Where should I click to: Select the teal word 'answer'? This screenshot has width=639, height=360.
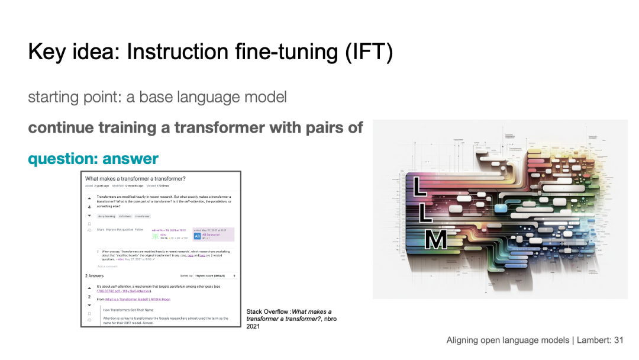point(130,159)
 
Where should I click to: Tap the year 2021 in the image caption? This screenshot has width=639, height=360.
point(253,326)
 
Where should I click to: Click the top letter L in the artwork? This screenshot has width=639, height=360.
point(420,185)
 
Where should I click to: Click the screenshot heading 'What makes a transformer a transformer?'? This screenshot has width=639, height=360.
point(135,179)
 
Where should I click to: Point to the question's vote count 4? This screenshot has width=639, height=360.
point(89,207)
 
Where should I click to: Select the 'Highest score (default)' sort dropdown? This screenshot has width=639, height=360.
point(215,276)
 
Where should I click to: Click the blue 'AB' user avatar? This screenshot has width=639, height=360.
point(198,235)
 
